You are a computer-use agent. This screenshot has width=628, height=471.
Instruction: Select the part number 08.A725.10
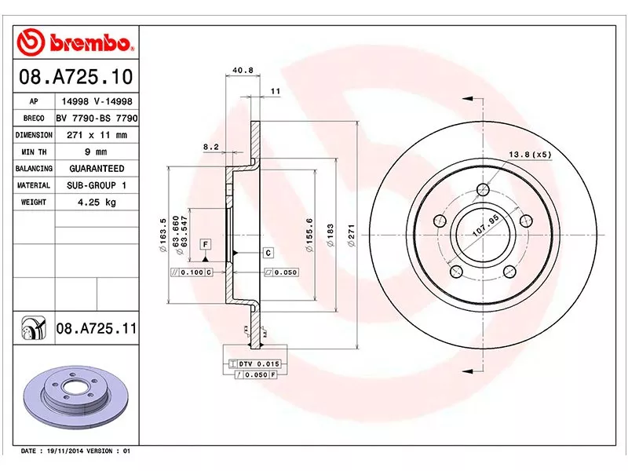[x=75, y=78]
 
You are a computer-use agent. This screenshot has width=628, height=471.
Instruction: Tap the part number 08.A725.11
[x=95, y=327]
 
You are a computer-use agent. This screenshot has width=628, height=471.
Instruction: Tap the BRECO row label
[x=34, y=119]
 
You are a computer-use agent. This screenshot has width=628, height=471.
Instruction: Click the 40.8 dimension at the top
[x=243, y=71]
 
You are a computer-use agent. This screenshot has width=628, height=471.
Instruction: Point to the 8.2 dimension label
[x=210, y=147]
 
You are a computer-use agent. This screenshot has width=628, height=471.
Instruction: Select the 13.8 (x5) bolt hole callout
[x=530, y=154]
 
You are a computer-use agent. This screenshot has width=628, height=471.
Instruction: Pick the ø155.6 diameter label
[x=309, y=235]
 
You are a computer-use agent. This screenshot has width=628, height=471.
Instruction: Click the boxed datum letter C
[x=268, y=253]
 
